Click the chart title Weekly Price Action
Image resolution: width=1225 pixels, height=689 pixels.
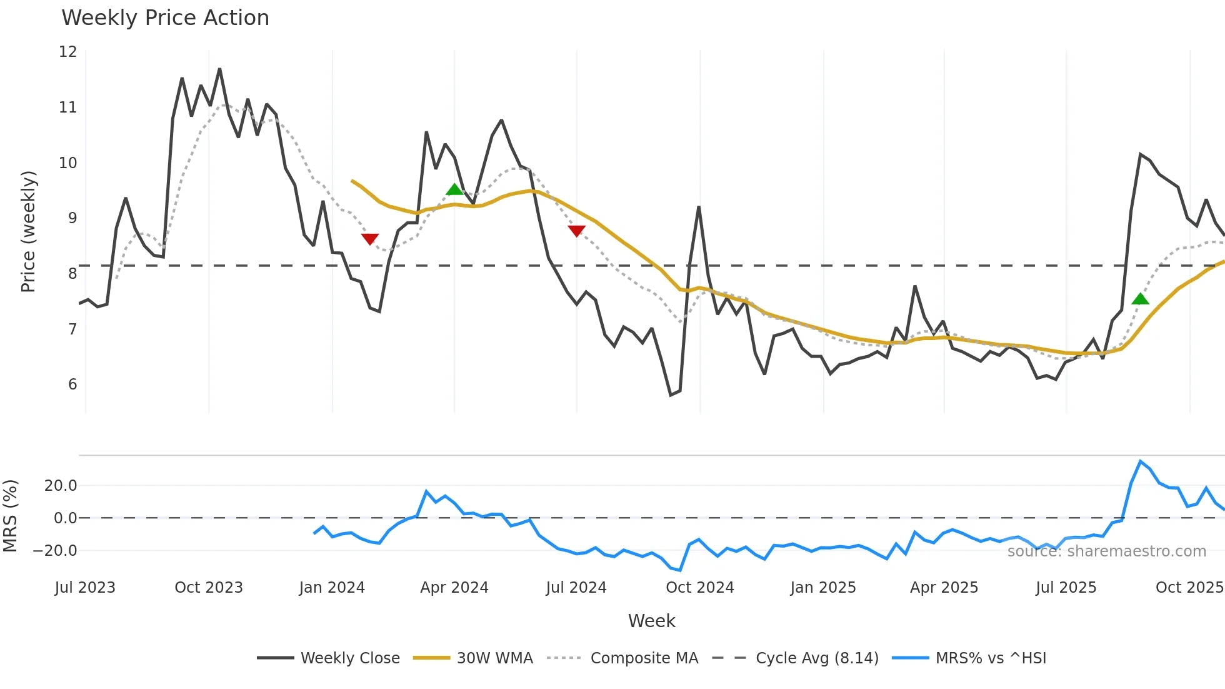[x=165, y=18]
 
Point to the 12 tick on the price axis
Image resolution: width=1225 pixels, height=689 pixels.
[x=68, y=52]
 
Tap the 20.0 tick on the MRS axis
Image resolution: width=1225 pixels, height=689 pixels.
[x=61, y=486]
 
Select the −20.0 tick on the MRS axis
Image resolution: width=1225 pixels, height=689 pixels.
[x=55, y=551]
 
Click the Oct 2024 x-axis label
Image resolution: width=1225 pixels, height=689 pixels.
[x=699, y=588]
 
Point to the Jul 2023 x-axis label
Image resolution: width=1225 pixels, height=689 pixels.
[x=85, y=588]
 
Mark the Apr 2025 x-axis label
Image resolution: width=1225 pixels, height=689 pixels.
[x=944, y=588]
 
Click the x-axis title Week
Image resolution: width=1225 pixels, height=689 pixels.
[x=651, y=621]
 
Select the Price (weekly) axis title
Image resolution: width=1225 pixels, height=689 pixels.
[x=28, y=231]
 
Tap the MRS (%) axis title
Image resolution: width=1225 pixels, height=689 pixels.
[x=10, y=516]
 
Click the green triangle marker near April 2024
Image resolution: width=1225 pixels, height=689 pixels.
[x=455, y=189]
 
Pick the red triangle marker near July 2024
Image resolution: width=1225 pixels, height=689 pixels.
[x=576, y=231]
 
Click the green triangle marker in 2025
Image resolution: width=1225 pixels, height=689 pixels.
[x=1140, y=299]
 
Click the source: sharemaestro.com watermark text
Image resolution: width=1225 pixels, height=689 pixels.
[x=1106, y=551]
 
